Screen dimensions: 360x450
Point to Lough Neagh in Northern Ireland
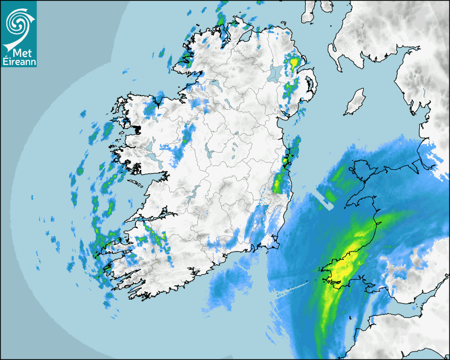[274, 73]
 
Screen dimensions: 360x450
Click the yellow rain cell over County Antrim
[294, 62]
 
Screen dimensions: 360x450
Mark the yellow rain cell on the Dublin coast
[286, 159]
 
